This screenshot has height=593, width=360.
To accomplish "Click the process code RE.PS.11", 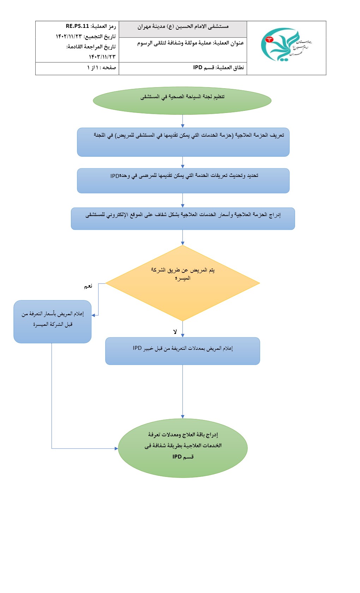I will click(x=77, y=26).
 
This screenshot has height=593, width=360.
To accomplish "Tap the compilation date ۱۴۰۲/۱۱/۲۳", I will click(x=68, y=36).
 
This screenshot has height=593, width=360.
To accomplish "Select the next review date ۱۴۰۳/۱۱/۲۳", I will click(x=102, y=56).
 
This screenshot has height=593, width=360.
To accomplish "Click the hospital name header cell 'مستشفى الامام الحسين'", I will click(x=183, y=26).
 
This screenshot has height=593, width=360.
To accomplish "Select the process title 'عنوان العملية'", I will click(x=191, y=43).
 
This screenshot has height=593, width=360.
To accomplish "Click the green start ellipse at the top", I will click(x=182, y=101).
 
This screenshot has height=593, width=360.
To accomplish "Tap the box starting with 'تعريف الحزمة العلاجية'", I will click(x=183, y=142).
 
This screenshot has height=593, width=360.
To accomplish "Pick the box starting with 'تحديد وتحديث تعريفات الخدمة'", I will click(x=183, y=180).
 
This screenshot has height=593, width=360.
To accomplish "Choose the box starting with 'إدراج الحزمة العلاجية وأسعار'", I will click(x=183, y=218).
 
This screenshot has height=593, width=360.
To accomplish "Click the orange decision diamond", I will click(x=182, y=283).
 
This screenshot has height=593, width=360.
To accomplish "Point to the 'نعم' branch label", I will click(x=88, y=286).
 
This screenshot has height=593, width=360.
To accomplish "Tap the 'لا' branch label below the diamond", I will click(x=175, y=332).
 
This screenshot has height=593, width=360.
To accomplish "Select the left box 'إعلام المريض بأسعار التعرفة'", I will click(x=53, y=322).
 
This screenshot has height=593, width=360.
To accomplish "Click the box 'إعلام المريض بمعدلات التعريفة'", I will click(x=182, y=351).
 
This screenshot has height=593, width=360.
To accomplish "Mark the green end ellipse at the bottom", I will click(x=182, y=448).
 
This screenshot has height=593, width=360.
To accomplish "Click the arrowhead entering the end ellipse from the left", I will click(x=116, y=449).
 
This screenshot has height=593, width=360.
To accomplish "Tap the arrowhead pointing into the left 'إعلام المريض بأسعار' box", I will click(x=94, y=315).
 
